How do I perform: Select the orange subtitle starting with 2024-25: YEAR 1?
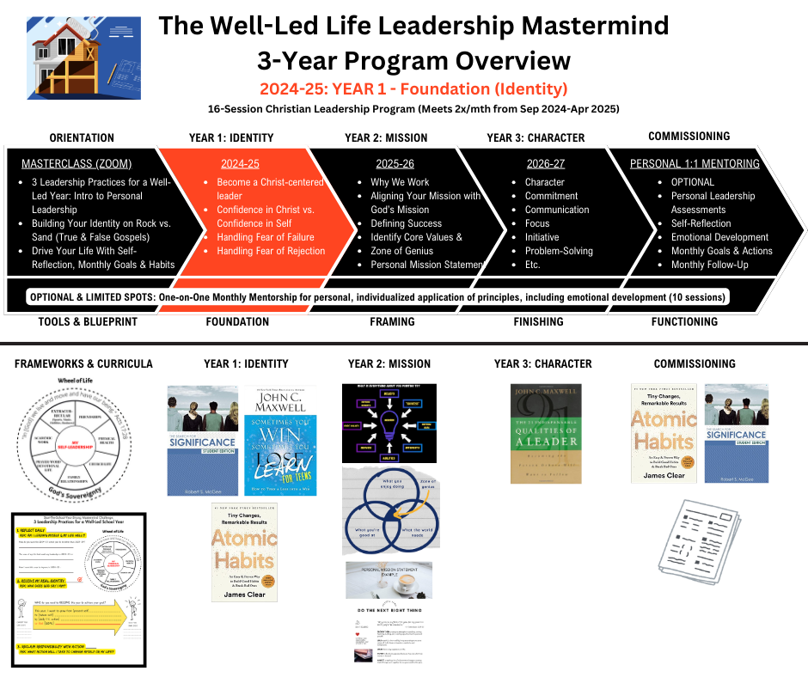413,88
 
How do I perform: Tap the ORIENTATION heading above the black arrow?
82,137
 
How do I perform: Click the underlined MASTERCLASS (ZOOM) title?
77,163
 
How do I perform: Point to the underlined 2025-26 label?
395,163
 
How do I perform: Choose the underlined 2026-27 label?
546,163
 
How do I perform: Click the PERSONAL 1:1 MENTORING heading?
695,163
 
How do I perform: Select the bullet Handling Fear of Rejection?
271,251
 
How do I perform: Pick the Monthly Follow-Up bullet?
709,265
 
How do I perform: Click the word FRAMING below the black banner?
391,322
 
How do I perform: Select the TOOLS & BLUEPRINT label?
83,322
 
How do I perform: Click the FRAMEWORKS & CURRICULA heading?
83,363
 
